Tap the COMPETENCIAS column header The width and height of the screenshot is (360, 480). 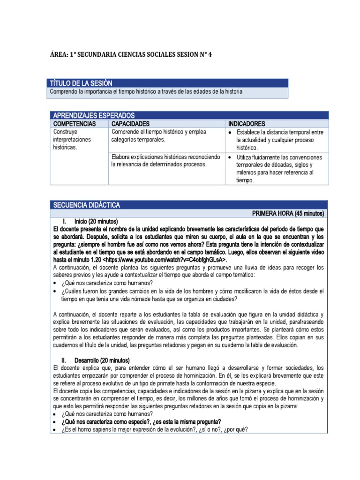(75, 124)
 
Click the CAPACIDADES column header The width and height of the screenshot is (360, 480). (130, 124)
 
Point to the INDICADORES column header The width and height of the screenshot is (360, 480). (247, 124)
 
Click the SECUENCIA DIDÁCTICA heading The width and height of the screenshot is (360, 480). (87, 205)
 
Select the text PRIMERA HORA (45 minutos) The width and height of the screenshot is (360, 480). (288, 213)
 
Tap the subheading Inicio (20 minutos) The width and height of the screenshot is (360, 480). (96, 221)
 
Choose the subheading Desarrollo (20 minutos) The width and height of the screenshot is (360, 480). (101, 360)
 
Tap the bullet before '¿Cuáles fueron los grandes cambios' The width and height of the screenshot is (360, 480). (56, 292)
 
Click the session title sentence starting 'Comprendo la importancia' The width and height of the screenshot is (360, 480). (146, 92)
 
